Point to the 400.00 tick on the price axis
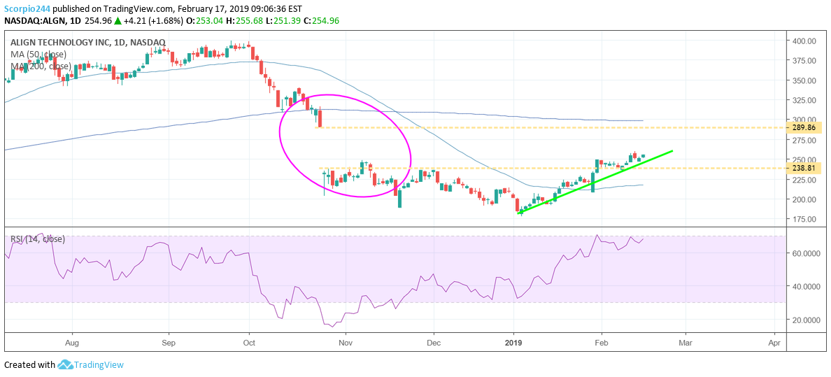[804, 41]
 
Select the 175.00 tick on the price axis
[804, 219]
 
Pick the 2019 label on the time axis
[514, 343]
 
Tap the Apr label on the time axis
[774, 343]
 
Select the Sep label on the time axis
[168, 343]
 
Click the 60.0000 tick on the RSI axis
[805, 253]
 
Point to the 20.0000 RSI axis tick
[805, 320]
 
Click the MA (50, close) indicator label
[38, 55]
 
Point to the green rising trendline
[595, 181]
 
